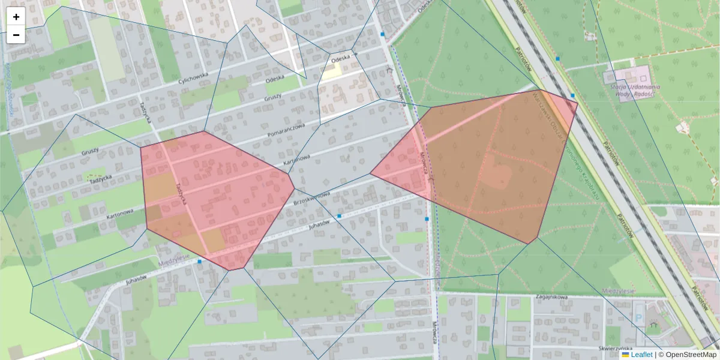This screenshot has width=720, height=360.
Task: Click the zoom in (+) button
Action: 16,17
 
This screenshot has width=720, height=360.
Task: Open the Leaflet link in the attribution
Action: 641,355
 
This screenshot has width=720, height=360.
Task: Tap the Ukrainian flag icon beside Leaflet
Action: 625,355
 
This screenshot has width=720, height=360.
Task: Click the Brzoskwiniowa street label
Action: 312,199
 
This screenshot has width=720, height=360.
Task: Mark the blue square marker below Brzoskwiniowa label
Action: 340,215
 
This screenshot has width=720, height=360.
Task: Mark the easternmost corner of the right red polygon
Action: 578,103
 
